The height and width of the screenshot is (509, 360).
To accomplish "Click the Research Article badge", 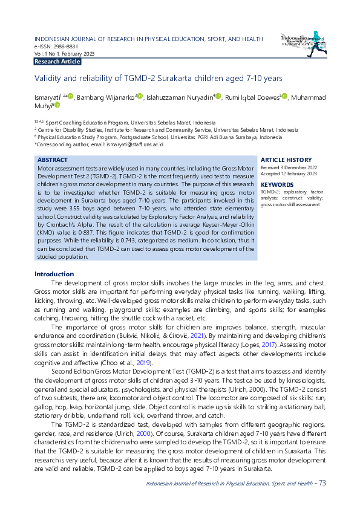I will pyautogui.click(x=57, y=62).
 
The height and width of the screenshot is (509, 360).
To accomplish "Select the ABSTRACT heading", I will pyautogui.click(x=53, y=160).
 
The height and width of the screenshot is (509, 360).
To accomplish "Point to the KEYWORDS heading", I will pyautogui.click(x=277, y=184).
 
